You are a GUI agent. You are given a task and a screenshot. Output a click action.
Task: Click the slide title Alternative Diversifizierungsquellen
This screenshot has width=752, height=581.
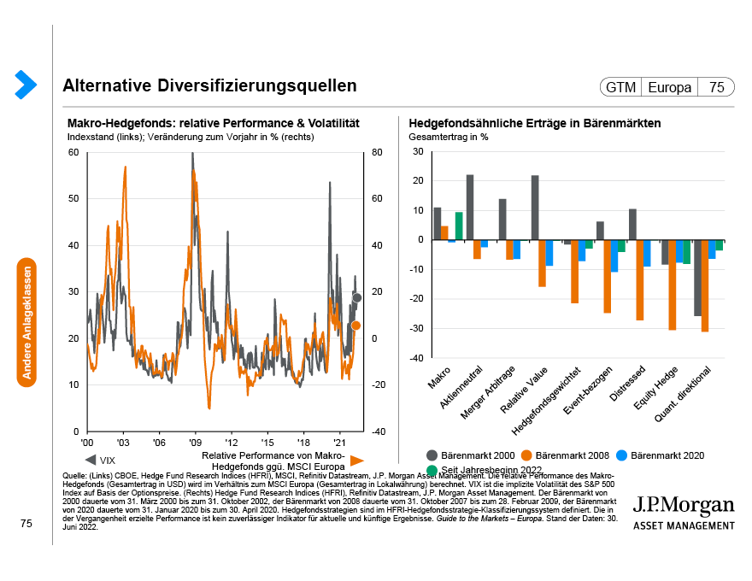click(209, 86)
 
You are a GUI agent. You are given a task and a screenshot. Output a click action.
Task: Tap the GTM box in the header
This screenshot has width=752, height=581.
click(620, 87)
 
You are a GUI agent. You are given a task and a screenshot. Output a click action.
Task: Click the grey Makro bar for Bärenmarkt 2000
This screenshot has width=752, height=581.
click(438, 223)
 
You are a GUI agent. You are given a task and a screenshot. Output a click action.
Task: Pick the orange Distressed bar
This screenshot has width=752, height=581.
click(639, 279)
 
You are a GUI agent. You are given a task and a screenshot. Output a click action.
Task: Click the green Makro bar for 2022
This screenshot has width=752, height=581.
click(459, 226)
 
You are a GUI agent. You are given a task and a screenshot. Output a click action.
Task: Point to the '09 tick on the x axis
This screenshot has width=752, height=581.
click(196, 443)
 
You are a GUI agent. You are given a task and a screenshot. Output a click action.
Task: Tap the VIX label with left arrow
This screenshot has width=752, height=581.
click(101, 460)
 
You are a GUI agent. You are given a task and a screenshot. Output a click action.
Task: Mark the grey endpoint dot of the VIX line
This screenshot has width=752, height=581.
click(356, 297)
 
